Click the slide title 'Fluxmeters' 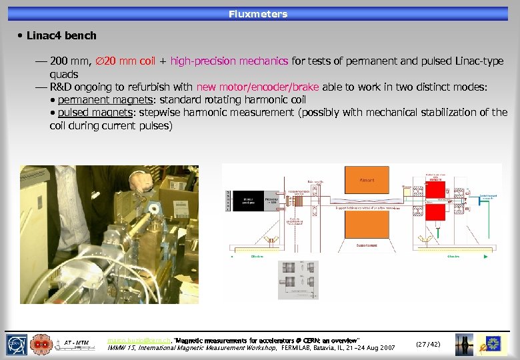258,14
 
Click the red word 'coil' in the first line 147,61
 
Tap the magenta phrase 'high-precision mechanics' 229,61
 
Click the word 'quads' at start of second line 64,74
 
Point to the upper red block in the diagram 437,191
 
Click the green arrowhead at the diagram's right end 492,255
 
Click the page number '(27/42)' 427,344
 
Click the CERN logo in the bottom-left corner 17,343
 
